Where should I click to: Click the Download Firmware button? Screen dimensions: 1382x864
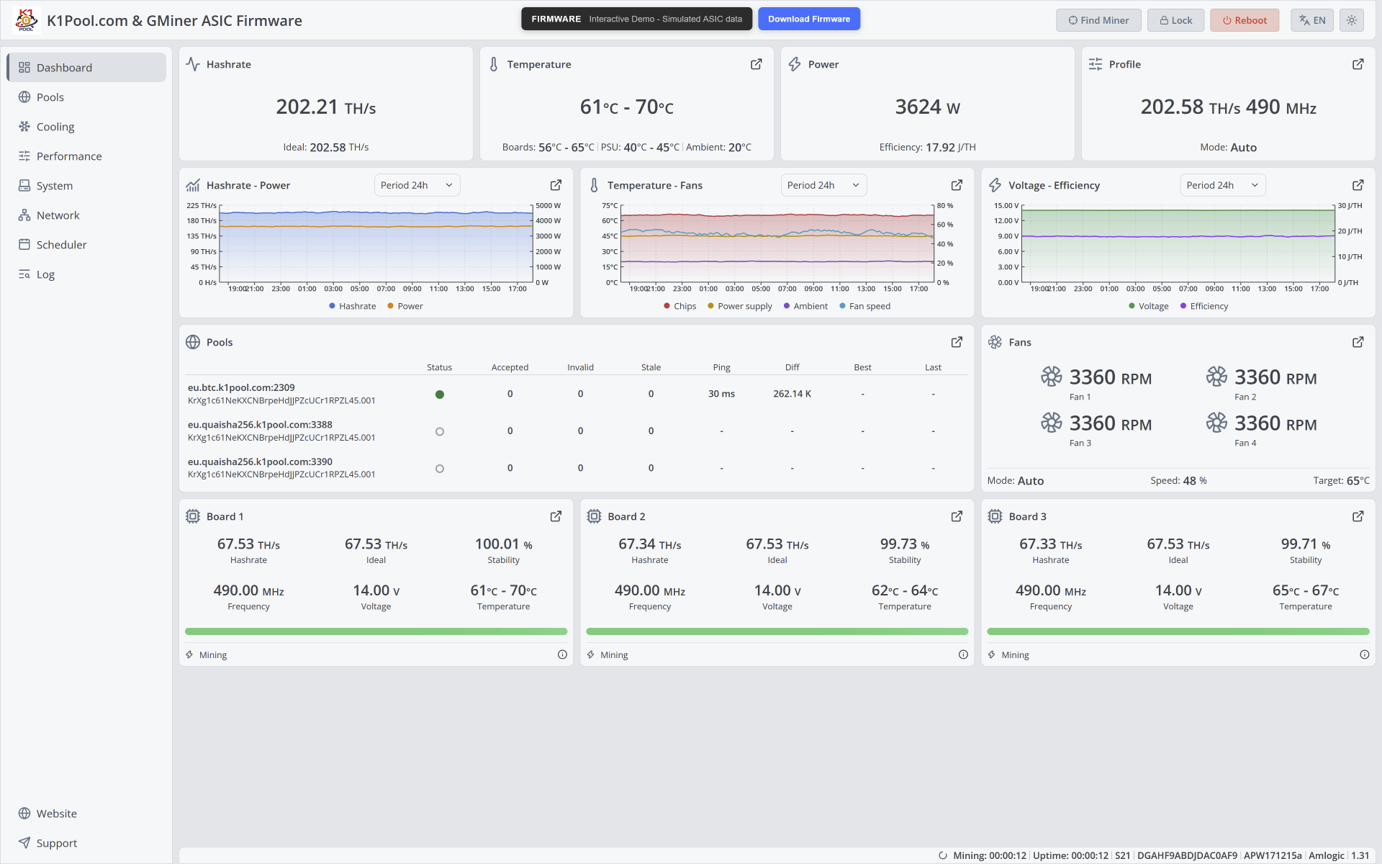(809, 19)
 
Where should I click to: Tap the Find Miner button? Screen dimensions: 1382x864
(1098, 20)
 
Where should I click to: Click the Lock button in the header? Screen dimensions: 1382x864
(1175, 20)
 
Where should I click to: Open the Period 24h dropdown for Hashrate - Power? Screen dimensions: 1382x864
(417, 185)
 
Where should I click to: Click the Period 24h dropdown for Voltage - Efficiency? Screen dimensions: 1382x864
(1222, 185)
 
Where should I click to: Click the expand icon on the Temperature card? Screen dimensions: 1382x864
(757, 64)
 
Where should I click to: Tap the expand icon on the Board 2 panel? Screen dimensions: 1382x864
(957, 516)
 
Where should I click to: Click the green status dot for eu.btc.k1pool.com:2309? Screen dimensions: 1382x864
(440, 395)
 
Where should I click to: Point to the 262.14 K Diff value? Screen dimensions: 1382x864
(792, 394)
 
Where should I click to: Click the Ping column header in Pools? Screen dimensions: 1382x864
(721, 367)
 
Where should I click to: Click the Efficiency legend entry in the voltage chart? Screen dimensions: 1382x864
(1204, 306)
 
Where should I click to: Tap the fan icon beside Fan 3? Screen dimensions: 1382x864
(1052, 423)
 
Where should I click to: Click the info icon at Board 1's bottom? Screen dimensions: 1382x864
(562, 654)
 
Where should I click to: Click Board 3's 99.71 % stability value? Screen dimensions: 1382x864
(1306, 544)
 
